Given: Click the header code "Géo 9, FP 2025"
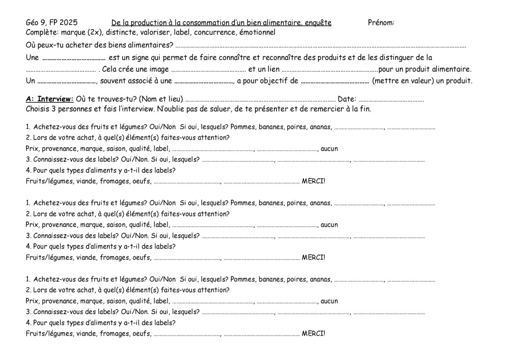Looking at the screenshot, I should pos(51,22).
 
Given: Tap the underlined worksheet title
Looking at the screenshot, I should pos(221,22).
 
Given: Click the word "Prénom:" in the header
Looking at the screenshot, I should pos(381,22).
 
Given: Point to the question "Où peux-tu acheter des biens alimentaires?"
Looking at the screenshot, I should pos(99,45).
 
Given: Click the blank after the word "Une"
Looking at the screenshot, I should pos(74,58).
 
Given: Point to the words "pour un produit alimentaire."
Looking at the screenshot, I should pos(426,69).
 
